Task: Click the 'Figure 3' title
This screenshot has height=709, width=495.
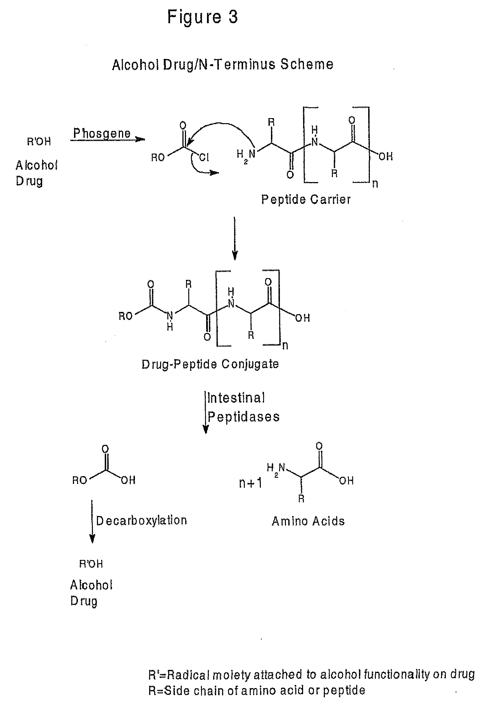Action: [203, 17]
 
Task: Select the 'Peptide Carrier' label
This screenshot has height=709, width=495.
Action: [306, 200]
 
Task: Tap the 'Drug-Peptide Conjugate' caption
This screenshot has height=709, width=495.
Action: [210, 364]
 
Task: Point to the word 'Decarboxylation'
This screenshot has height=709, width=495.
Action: [142, 521]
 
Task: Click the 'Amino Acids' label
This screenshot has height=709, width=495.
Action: [308, 521]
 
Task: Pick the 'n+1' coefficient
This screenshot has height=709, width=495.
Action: [250, 483]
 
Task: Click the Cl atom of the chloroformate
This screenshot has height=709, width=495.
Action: [204, 157]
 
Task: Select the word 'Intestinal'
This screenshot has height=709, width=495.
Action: [236, 398]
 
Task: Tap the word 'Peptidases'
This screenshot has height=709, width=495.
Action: [244, 417]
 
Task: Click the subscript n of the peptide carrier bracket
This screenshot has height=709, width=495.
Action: [375, 184]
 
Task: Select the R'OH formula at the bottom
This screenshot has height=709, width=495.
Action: [91, 564]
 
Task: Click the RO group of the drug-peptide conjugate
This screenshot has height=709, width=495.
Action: [125, 316]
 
